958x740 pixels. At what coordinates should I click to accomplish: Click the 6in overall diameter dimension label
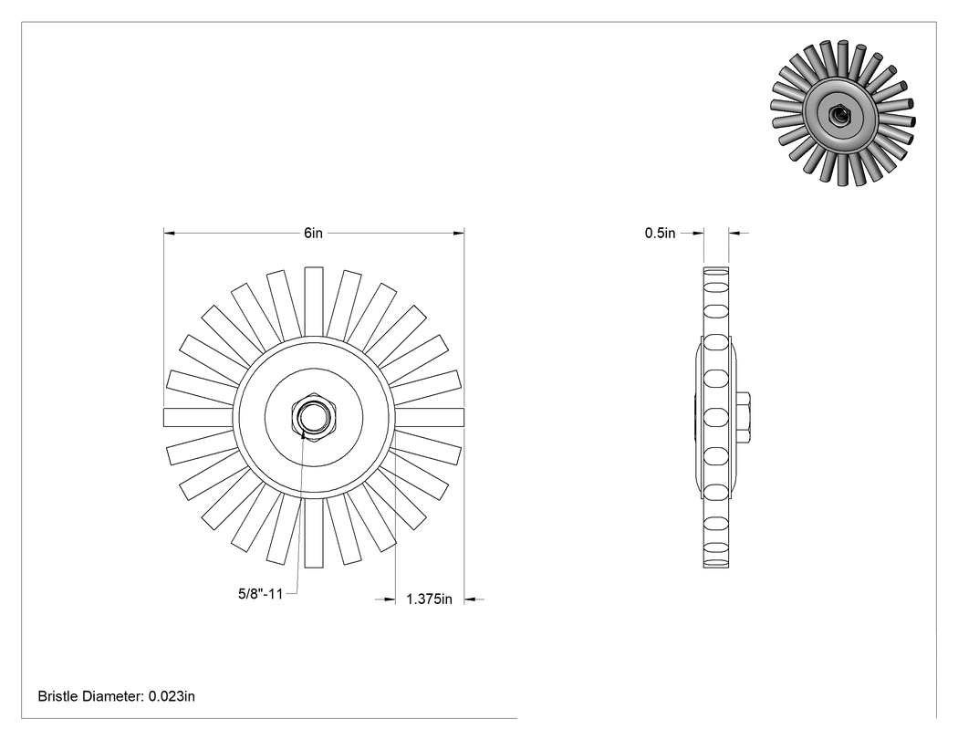tap(314, 233)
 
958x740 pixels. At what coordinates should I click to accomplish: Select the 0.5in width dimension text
tap(660, 233)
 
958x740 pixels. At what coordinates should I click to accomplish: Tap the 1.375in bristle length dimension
tap(429, 599)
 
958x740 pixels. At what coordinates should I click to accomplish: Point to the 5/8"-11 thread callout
tap(260, 593)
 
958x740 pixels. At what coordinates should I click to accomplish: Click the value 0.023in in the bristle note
tap(172, 696)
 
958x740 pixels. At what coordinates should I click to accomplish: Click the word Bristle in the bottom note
tap(58, 696)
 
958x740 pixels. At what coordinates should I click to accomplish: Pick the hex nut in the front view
tap(314, 417)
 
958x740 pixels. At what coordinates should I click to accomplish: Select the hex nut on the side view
tap(743, 417)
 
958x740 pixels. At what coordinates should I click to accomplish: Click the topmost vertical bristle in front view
tap(314, 302)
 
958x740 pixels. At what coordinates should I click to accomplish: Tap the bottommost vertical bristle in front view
tap(314, 533)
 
